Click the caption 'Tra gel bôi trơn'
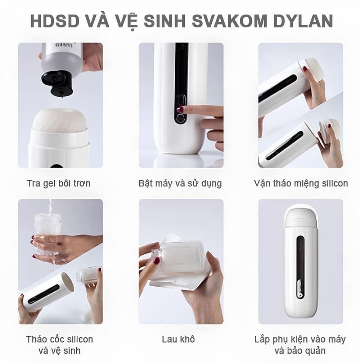pos(59,183)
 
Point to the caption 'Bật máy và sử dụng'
pos(180,183)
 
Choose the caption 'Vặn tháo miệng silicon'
pos(301,183)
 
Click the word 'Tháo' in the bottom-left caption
pos(36,339)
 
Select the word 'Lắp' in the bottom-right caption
pos(262,339)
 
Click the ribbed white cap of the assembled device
pos(300,218)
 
